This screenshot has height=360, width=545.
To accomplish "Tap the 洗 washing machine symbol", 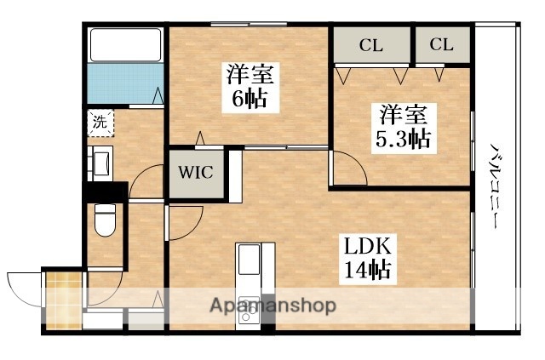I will [x=100, y=121].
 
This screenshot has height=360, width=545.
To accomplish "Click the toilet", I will [x=104, y=220].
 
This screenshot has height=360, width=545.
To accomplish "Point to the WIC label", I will [x=196, y=173].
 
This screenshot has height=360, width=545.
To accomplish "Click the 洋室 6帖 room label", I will [x=246, y=85].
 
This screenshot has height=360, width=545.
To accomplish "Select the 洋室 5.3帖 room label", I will [x=400, y=125].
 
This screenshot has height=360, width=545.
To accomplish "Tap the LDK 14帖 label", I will [x=367, y=259].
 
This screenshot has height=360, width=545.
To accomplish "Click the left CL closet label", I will [x=370, y=45].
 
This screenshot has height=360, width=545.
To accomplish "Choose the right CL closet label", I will [x=441, y=45].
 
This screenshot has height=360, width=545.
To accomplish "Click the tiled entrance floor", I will [x=62, y=300].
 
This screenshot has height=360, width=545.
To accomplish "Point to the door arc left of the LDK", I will [x=183, y=221].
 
